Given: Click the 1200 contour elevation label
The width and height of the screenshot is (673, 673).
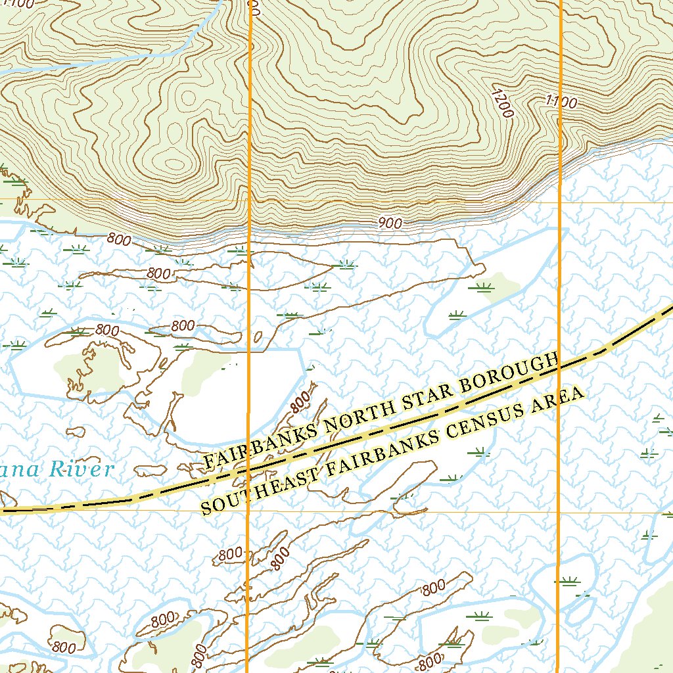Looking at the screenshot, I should pyautogui.click(x=501, y=102).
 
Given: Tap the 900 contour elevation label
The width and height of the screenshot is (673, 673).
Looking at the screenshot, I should pyautogui.click(x=390, y=223).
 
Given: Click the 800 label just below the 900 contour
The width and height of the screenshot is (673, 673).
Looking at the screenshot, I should pyautogui.click(x=118, y=240).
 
